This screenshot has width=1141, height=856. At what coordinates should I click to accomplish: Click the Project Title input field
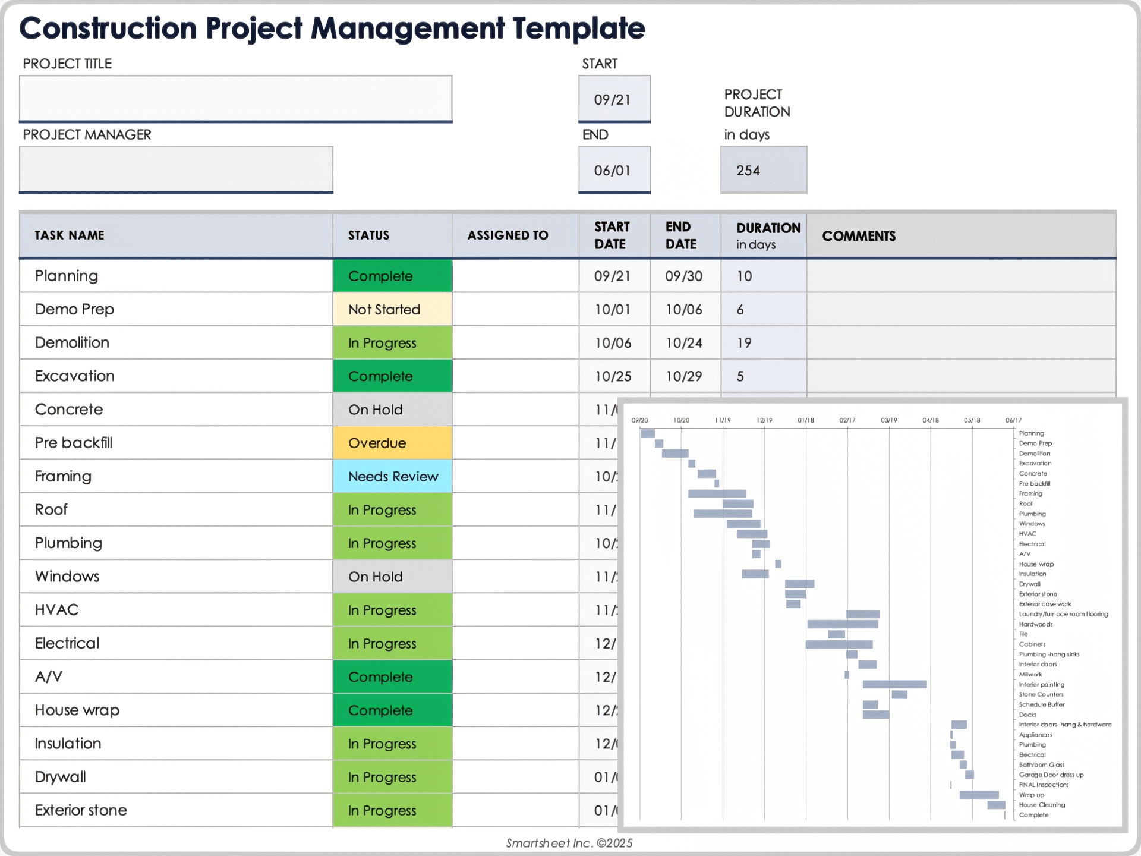click(235, 98)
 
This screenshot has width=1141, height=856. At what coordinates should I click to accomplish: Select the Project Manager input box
click(176, 169)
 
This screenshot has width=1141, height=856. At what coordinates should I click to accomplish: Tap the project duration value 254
click(763, 171)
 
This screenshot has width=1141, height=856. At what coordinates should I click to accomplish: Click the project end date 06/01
click(614, 171)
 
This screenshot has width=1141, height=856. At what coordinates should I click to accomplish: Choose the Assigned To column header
click(508, 235)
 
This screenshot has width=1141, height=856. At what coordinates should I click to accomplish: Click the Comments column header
click(859, 236)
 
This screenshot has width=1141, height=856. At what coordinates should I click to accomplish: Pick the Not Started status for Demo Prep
click(392, 310)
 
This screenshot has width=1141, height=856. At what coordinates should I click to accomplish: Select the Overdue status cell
click(392, 443)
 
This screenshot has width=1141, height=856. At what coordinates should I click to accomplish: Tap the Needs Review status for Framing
click(392, 476)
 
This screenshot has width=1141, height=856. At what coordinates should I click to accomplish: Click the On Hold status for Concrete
click(392, 410)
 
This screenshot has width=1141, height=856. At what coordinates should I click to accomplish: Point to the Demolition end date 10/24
click(684, 343)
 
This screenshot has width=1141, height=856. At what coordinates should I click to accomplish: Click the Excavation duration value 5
click(740, 376)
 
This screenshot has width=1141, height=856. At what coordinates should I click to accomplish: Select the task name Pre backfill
click(74, 443)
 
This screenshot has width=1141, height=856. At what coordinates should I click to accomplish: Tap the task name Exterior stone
click(81, 810)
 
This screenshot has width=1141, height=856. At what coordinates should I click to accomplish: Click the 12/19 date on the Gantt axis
click(764, 420)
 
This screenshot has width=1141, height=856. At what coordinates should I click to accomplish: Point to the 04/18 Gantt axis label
click(931, 420)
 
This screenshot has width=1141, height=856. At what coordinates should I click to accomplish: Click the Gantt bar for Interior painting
click(894, 684)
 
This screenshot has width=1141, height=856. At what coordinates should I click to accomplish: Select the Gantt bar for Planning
click(648, 433)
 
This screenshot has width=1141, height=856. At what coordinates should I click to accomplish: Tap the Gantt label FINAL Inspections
click(1044, 785)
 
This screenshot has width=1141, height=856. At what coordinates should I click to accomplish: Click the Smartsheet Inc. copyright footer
click(569, 843)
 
